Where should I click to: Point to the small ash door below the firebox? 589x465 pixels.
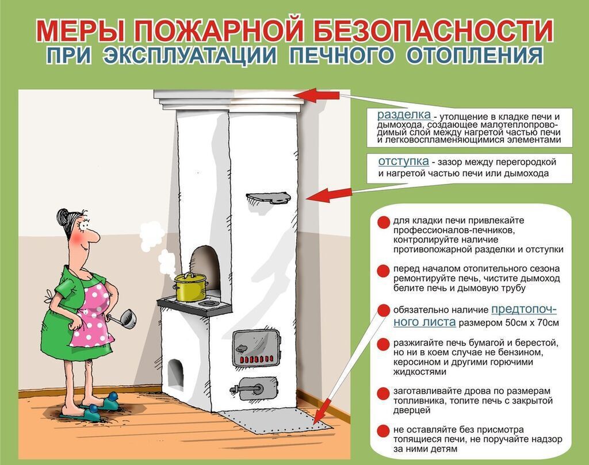pos(254,388)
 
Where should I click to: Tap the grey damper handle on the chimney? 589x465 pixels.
pos(268,198)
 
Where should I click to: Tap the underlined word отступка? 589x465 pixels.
pos(403,161)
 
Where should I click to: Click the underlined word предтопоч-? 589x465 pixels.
pos(524,309)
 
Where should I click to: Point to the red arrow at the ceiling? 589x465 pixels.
pos(319,96)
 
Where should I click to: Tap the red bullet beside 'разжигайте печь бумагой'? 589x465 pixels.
pos(383,344)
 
